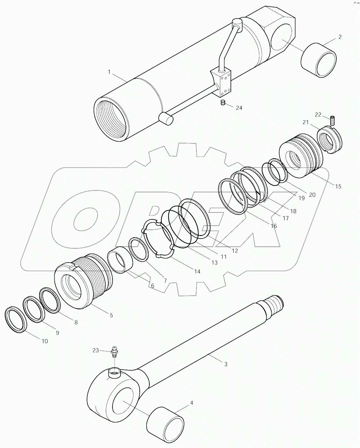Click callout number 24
tap(239, 108)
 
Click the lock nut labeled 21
tap(329, 140)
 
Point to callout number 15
tap(338, 186)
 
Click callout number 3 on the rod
tap(226, 364)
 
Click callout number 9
tap(57, 333)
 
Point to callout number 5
tap(111, 315)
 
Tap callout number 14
tap(197, 271)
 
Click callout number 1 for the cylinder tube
tap(109, 72)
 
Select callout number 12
tap(235, 251)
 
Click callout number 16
tap(273, 226)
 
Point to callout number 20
tap(312, 194)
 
